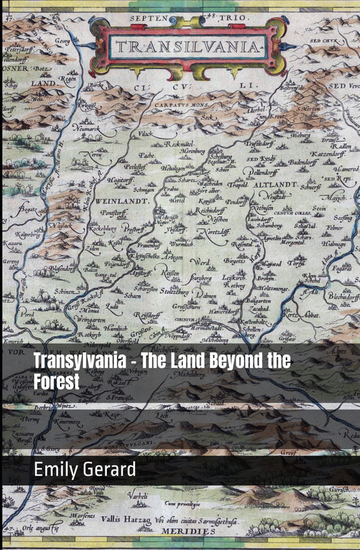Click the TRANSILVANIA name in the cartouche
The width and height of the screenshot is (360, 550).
coord(188,47)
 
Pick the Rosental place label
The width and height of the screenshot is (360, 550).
coord(242,244)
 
